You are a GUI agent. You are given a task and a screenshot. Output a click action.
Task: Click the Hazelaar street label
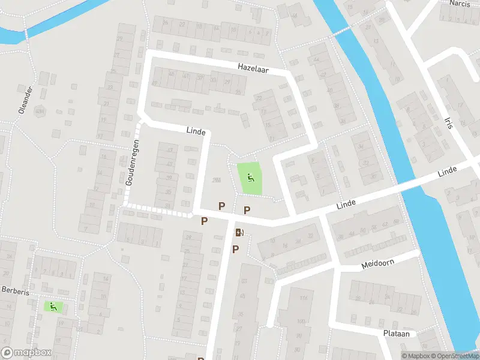click(253, 70)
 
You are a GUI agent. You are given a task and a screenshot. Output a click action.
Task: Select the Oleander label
click(25, 100)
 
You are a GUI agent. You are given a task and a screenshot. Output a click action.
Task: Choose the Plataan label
click(396, 334)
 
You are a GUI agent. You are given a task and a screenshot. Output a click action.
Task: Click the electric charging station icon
click(240, 233)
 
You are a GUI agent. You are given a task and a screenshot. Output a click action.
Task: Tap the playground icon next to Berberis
click(53, 306)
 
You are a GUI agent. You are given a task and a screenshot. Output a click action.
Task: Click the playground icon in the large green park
click(250, 178)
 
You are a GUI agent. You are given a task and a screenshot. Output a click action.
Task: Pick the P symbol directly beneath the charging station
click(236, 249)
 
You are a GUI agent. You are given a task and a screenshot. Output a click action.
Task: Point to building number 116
click(303, 299)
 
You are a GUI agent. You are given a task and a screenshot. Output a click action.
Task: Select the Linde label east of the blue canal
click(447, 172)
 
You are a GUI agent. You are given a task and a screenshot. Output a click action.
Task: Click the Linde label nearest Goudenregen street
click(196, 131)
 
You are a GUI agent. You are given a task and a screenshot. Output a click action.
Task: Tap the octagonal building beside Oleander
click(40, 111)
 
